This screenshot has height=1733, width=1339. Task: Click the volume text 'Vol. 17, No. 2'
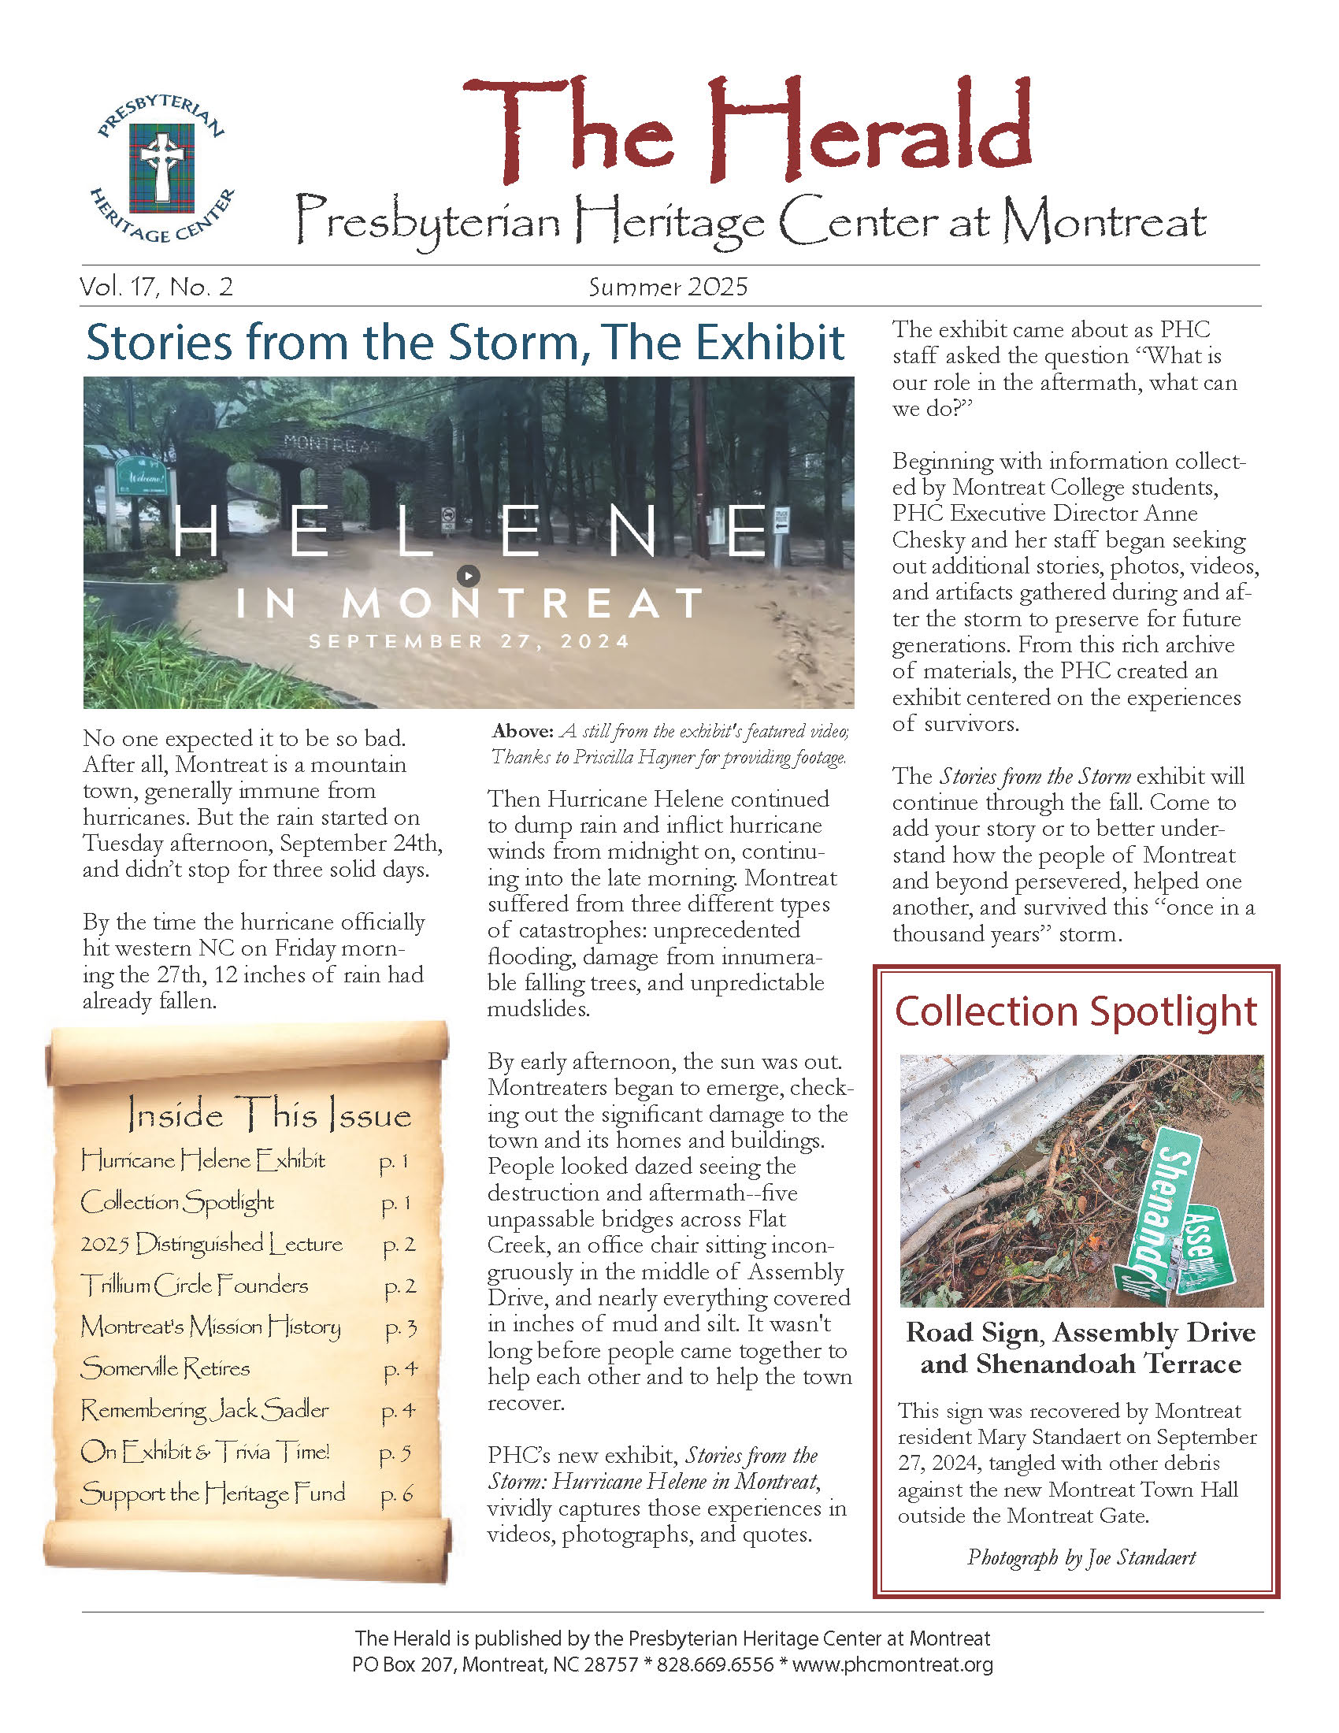coord(156,287)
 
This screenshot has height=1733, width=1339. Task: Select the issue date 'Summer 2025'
coord(668,288)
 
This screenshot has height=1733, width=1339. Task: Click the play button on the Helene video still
coord(469,575)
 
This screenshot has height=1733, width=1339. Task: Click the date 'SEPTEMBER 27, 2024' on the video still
coord(469,641)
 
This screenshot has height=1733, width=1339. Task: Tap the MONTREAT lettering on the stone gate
coord(331,443)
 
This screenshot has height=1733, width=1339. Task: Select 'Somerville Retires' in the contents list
coord(165,1368)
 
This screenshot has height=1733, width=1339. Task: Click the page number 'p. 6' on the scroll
coord(397,1494)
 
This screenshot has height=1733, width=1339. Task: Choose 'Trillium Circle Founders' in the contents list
coord(195,1285)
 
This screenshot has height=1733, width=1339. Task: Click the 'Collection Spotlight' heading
coord(1076,1011)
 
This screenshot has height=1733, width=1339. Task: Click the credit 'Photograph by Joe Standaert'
coord(1081,1557)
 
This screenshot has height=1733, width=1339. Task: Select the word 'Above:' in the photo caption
coord(522,731)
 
